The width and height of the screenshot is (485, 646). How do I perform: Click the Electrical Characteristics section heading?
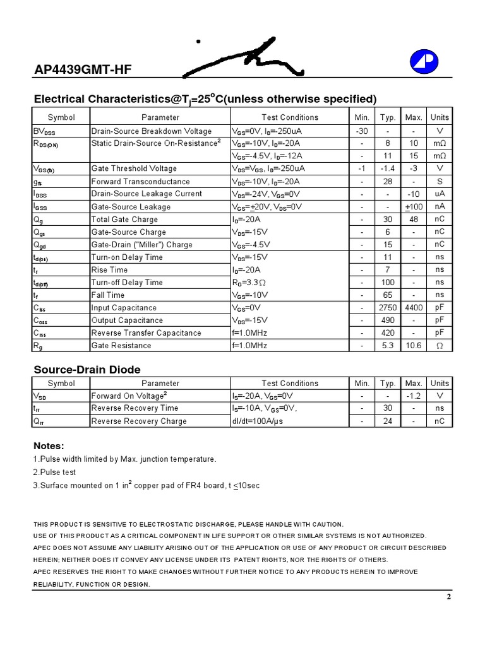pyautogui.click(x=205, y=99)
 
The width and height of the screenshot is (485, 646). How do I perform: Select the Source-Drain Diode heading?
pyautogui.click(x=87, y=370)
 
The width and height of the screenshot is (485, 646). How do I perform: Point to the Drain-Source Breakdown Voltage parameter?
pyautogui.click(x=152, y=131)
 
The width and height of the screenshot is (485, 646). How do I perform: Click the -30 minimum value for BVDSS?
pyautogui.click(x=362, y=131)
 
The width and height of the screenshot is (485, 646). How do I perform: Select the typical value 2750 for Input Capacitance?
pyautogui.click(x=387, y=308)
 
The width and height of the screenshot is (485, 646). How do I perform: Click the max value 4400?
pyautogui.click(x=414, y=308)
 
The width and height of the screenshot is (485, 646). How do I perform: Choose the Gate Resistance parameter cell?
pyautogui.click(x=121, y=346)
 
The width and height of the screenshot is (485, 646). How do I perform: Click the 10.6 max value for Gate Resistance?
pyautogui.click(x=414, y=346)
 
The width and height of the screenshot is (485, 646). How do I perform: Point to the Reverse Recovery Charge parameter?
pyautogui.click(x=139, y=421)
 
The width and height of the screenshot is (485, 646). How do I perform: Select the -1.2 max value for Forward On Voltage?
pyautogui.click(x=414, y=396)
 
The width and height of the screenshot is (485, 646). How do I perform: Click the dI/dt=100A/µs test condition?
pyautogui.click(x=259, y=421)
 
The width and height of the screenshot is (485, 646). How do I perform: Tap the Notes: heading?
pyautogui.click(x=49, y=446)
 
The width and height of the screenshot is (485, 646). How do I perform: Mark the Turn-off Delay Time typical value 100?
pyautogui.click(x=387, y=283)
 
